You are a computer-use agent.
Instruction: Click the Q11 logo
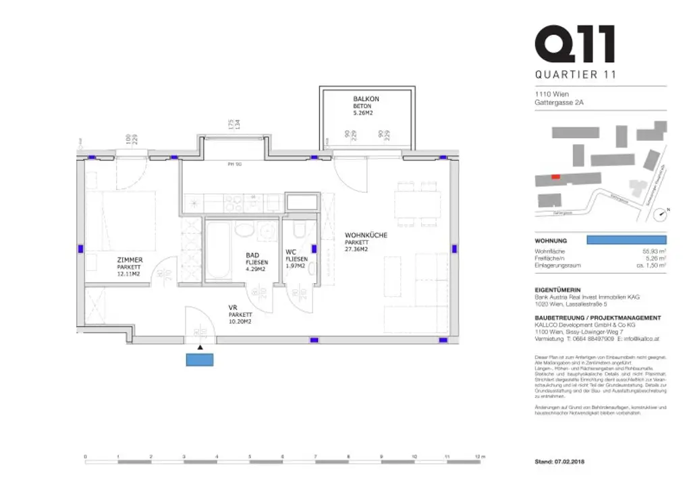tap(574, 44)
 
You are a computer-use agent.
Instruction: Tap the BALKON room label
tap(366, 99)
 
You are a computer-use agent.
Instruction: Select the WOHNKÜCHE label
tap(366, 235)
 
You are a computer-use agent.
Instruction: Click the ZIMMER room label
tap(129, 260)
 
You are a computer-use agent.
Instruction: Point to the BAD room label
tap(252, 255)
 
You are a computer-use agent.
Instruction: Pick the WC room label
tap(292, 252)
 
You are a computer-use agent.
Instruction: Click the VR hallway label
tap(233, 307)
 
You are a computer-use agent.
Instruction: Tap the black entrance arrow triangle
tap(200, 348)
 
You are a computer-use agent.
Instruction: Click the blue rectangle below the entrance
tap(200, 360)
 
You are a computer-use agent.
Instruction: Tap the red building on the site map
tap(555, 177)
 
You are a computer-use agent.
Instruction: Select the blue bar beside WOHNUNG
tap(626, 240)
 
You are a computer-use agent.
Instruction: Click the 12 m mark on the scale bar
tap(479, 456)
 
